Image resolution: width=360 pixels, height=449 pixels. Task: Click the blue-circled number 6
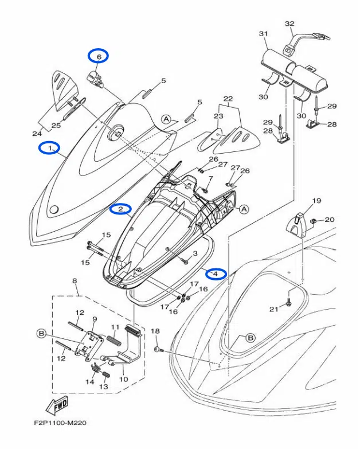click(x=98, y=56)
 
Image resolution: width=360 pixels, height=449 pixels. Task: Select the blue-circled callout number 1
click(x=50, y=148)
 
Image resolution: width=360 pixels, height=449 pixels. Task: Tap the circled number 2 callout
click(x=121, y=209)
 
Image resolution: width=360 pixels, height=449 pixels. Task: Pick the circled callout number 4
click(x=216, y=274)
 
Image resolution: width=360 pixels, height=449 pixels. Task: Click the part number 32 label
click(x=289, y=24)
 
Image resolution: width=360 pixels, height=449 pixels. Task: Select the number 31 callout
click(x=263, y=34)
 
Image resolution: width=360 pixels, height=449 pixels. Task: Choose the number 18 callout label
click(x=155, y=331)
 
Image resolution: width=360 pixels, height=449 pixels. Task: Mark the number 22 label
click(x=228, y=99)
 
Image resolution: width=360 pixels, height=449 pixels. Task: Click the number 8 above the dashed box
click(x=74, y=280)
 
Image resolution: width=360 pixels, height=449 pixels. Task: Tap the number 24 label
click(x=37, y=134)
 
